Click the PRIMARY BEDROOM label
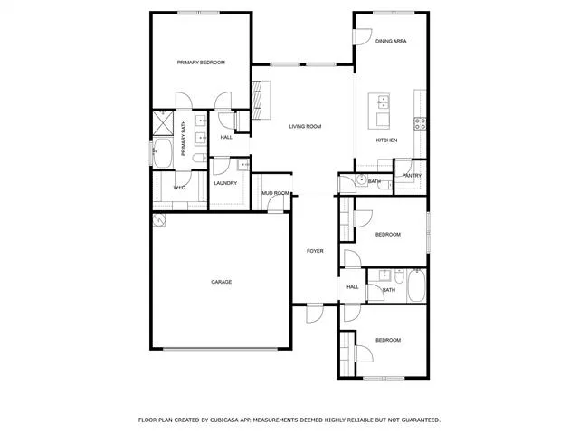[201, 63]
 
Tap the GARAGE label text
[221, 282]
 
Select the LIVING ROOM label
[305, 127]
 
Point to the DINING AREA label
[391, 41]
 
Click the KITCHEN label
[386, 140]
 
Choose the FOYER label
[315, 251]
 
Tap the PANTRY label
[412, 176]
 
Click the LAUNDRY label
[225, 183]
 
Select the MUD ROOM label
[275, 193]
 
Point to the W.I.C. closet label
[180, 188]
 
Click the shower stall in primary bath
[163, 123]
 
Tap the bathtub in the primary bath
[163, 153]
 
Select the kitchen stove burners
[420, 123]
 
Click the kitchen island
[379, 111]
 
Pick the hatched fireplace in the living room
[256, 100]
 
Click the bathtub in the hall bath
[416, 285]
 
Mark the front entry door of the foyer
[315, 313]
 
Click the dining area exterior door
[362, 36]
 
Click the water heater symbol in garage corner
[159, 220]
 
